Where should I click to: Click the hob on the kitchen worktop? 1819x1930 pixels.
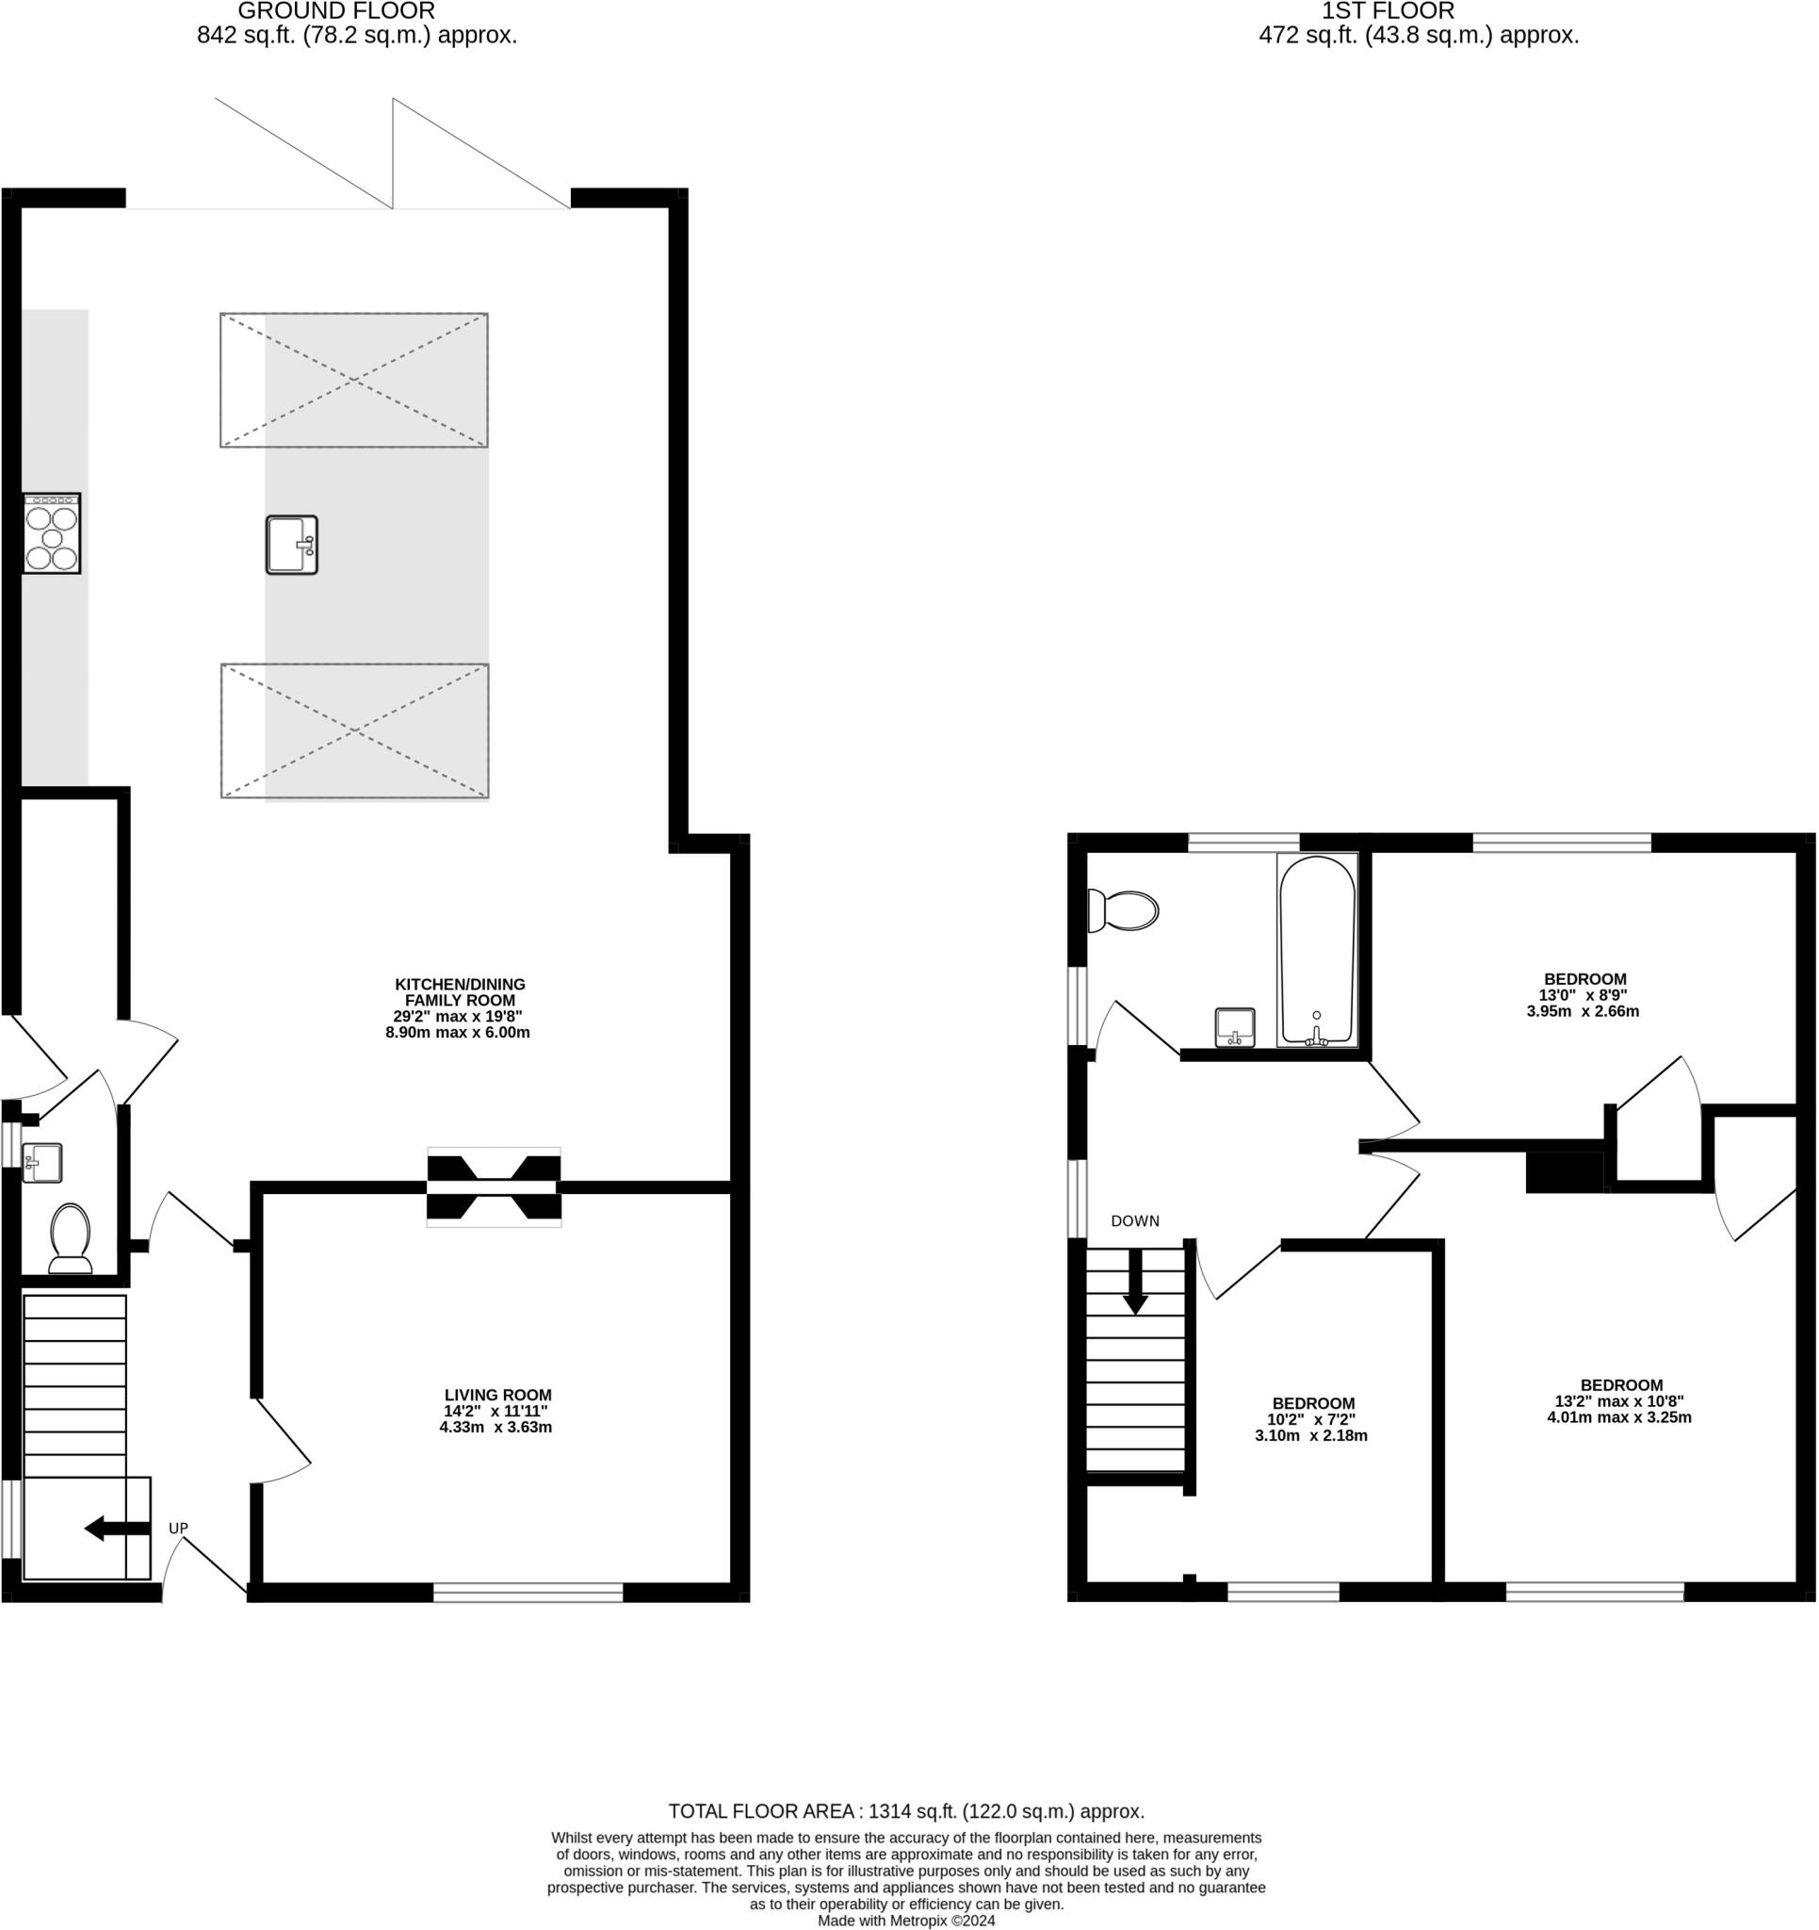[x=52, y=533]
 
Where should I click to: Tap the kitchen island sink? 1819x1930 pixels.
[x=292, y=545]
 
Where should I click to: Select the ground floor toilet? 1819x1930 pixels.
[x=70, y=1237]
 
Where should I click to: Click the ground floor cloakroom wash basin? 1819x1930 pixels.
[x=41, y=1162]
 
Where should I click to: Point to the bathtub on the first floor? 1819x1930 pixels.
[x=1317, y=951]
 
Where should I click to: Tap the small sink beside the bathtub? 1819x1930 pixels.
[x=1236, y=1027]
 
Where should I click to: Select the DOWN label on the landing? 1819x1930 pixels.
[x=1135, y=1221]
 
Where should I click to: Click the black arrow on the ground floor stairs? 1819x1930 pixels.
[x=118, y=1529]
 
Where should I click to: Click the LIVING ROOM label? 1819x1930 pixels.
[x=498, y=1395]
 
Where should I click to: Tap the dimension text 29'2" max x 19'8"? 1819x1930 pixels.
[x=457, y=1017]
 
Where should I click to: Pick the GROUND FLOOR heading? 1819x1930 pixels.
[x=336, y=11]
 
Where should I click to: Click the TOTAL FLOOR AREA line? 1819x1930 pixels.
[x=906, y=1810]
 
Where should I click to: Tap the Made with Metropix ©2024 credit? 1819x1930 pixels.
[x=906, y=1921]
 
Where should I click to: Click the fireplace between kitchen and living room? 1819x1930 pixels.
[x=494, y=1186]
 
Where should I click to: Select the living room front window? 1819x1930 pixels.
[x=528, y=1591]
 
